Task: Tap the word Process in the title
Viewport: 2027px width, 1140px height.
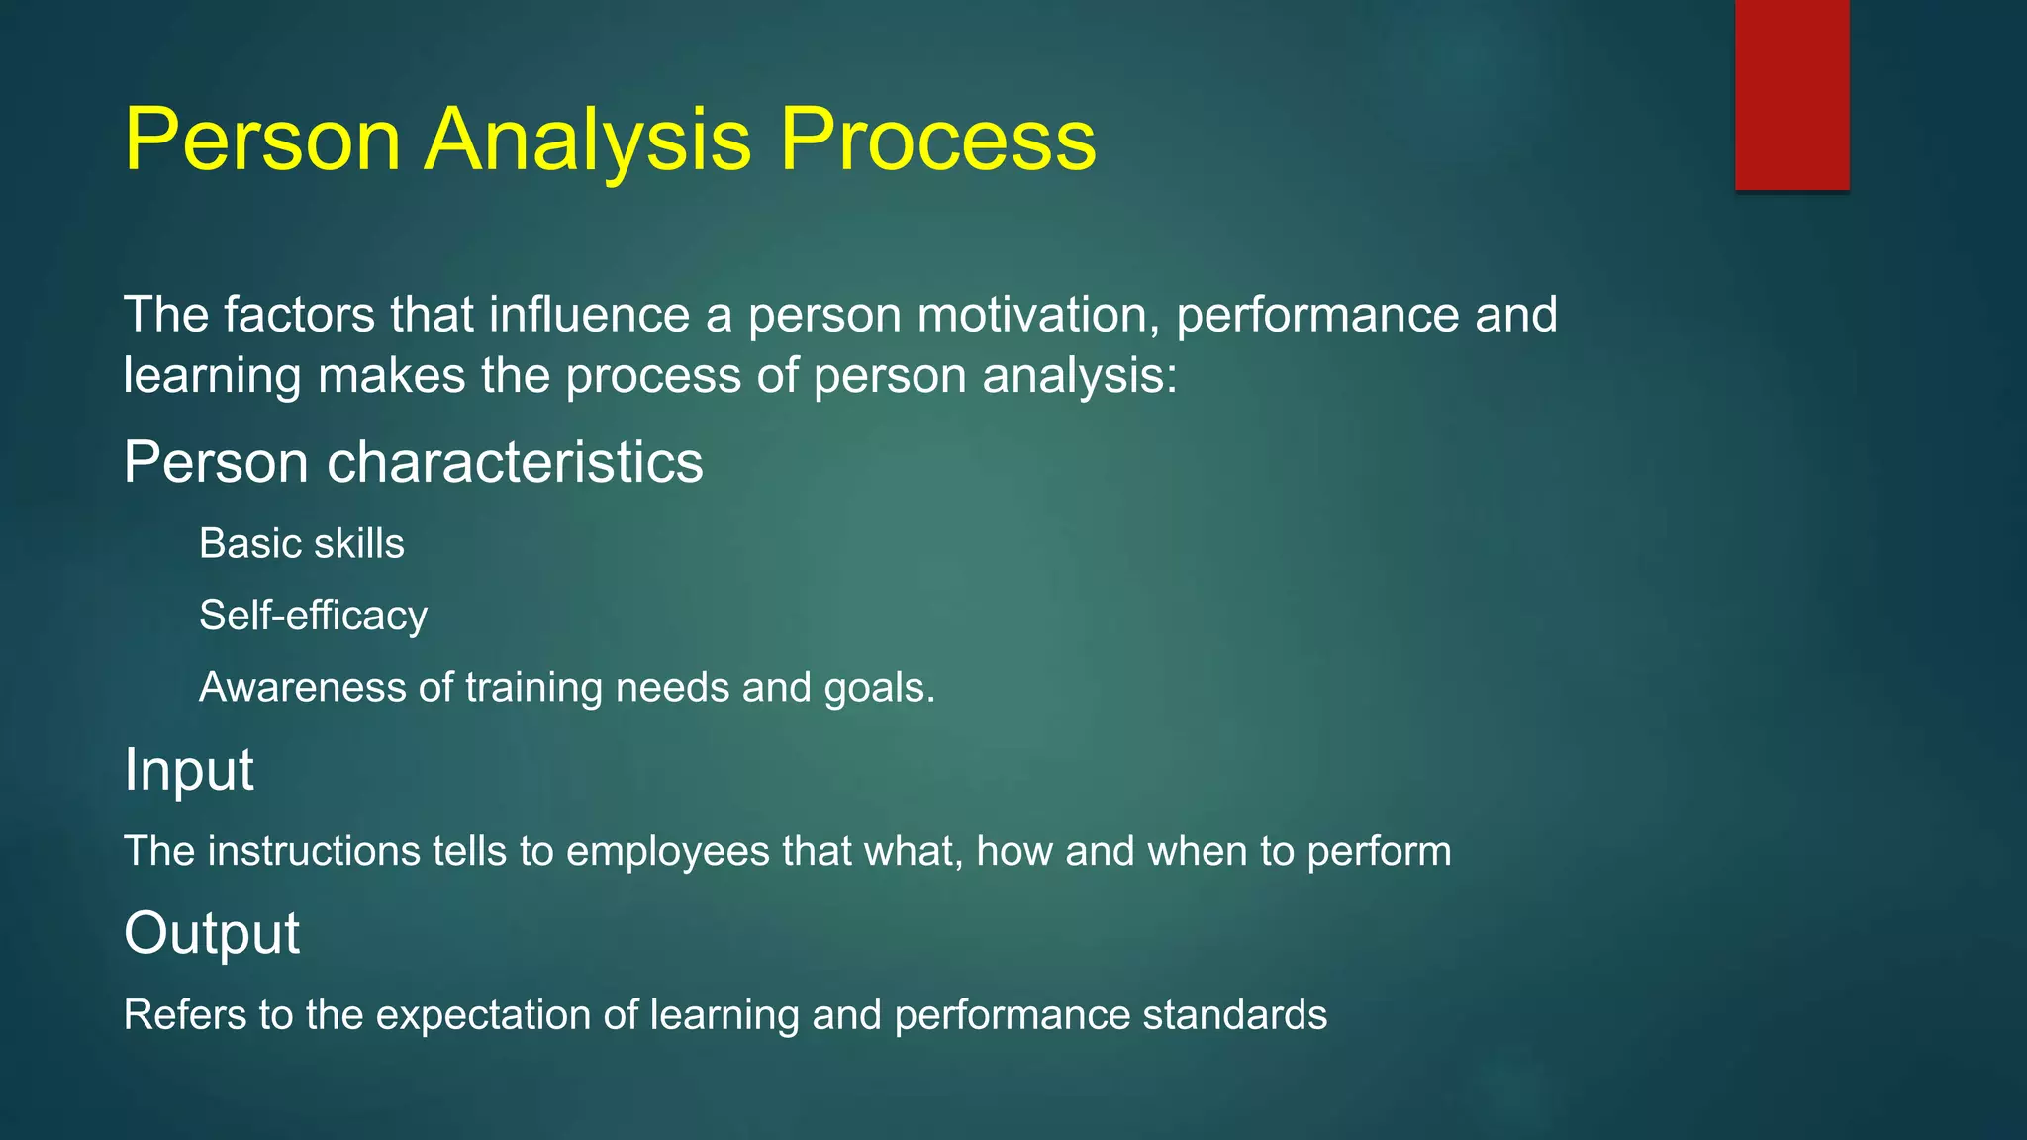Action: pyautogui.click(x=937, y=141)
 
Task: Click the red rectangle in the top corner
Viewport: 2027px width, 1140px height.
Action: pyautogui.click(x=1791, y=94)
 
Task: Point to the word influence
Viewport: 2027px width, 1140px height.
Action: pyautogui.click(x=589, y=315)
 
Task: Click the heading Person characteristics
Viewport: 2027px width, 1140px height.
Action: pyautogui.click(x=413, y=462)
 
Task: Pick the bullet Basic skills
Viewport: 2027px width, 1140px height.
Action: pyautogui.click(x=301, y=544)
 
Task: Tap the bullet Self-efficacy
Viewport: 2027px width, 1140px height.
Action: pyautogui.click(x=313, y=616)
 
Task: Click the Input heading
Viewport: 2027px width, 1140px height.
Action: pyautogui.click(x=188, y=770)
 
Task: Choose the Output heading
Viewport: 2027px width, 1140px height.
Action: pyautogui.click(x=211, y=933)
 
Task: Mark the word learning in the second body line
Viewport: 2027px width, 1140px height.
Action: pyautogui.click(x=212, y=377)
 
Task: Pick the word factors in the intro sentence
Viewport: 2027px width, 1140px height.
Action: pyautogui.click(x=299, y=315)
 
